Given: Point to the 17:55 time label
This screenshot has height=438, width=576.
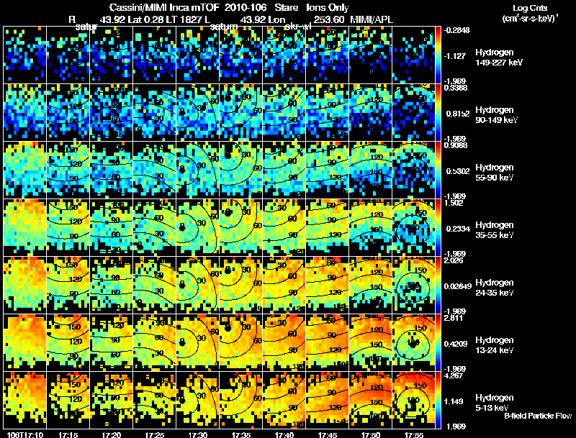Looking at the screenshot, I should tap(414, 435).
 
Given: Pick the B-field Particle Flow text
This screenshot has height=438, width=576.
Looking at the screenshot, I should tap(538, 416).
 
